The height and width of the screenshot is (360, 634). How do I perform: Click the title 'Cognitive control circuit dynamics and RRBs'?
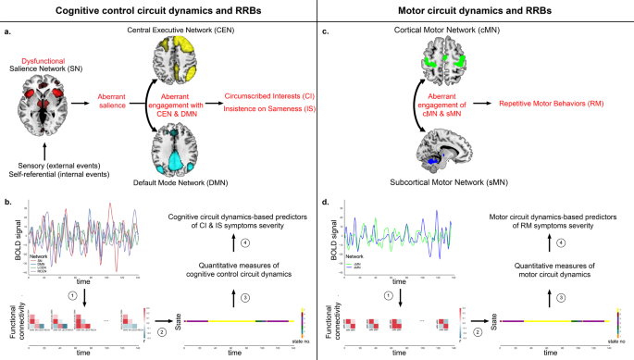pos(157,10)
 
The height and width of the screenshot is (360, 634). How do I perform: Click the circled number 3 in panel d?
pos(563,298)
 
